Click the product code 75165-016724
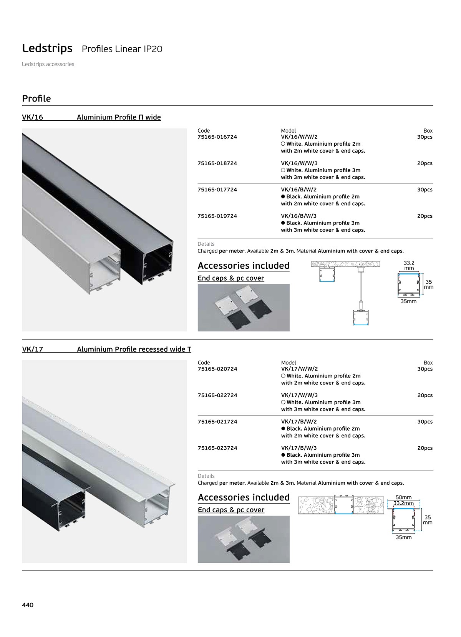click(x=217, y=137)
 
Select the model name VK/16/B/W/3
click(x=299, y=216)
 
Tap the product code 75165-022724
click(x=217, y=396)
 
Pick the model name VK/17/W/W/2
click(x=300, y=369)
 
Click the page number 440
click(x=28, y=605)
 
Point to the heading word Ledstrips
click(x=47, y=48)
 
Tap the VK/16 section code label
click(x=32, y=118)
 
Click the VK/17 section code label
click(x=32, y=349)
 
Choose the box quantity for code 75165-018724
click(x=425, y=163)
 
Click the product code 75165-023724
click(x=217, y=448)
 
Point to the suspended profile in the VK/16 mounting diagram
click(x=361, y=318)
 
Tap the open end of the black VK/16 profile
click(x=158, y=263)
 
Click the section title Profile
click(x=36, y=99)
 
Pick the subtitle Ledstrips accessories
click(x=48, y=64)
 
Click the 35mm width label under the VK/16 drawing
click(x=408, y=301)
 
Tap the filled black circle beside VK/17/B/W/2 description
click(x=283, y=429)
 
